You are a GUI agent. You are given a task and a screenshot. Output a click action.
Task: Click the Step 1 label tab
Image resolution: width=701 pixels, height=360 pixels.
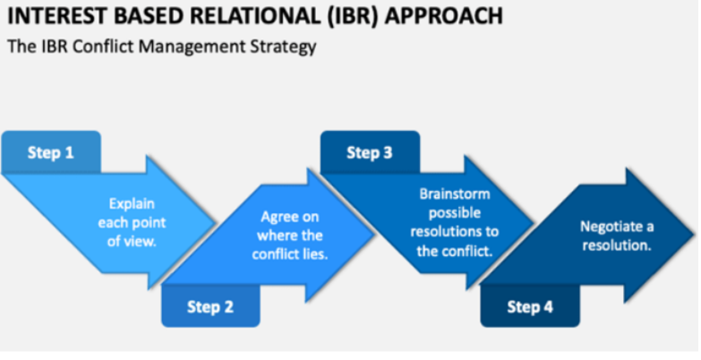(50, 152)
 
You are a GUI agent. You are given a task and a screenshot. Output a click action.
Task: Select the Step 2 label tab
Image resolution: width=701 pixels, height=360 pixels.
(210, 307)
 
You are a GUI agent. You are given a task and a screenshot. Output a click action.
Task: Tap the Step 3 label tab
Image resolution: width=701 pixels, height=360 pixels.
(369, 153)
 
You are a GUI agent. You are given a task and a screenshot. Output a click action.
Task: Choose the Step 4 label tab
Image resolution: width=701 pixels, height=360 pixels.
(529, 307)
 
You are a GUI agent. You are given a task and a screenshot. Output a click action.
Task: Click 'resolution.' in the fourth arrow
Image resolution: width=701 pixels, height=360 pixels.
(616, 244)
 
